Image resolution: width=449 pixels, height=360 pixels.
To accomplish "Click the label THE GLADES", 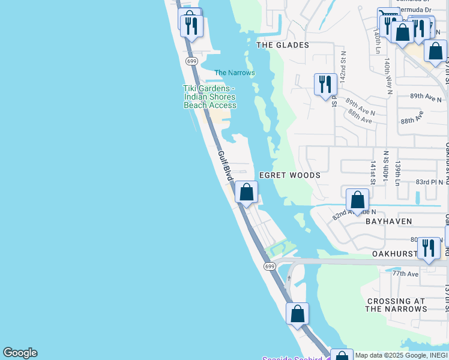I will coord(283,45).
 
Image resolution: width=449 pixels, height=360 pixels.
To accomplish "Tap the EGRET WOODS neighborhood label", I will coord(289,175).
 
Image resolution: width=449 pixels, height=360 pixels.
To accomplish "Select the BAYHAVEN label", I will coord(389,221).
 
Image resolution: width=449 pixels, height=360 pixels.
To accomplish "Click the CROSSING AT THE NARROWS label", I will coord(396,305).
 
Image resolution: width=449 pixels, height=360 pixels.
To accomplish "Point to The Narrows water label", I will coord(235,73).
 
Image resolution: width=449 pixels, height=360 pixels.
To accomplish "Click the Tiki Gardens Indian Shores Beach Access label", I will coord(209,97).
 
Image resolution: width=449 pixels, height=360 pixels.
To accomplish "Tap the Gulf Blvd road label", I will coord(224,166).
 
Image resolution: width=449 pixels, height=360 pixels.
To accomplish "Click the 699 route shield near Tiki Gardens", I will coord(191,61).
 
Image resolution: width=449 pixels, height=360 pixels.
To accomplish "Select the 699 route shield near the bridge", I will coord(270,266).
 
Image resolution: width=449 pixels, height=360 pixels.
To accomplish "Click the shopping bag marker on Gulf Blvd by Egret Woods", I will coord(246,192).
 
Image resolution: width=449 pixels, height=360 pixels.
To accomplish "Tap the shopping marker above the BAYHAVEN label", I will coord(357,200).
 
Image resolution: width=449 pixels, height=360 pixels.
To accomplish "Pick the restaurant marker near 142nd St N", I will coord(325,84).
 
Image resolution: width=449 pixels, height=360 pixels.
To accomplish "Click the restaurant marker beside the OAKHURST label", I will coord(429,248).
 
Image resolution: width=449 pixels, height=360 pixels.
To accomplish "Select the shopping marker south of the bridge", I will coord(297,314).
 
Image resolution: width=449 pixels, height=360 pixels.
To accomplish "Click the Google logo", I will coord(20,353).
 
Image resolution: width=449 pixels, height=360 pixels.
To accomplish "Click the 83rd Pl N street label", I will coord(429,182).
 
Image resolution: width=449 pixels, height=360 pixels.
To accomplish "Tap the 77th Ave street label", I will coord(405,274).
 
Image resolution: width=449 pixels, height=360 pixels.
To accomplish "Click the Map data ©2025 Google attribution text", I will coord(401,355).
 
